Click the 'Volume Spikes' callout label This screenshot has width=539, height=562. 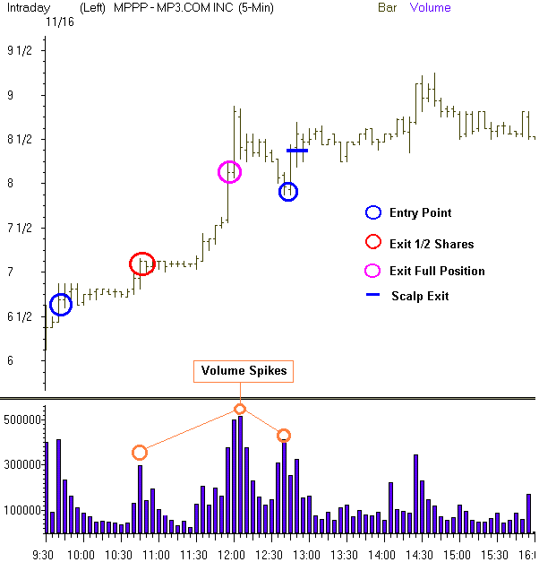240,371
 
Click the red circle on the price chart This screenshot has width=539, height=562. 141,264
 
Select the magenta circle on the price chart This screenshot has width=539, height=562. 230,172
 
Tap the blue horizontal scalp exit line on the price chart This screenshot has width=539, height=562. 297,151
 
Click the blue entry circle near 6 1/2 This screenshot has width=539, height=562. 60,305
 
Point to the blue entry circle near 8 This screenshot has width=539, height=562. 287,192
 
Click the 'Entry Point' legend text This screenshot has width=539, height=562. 420,213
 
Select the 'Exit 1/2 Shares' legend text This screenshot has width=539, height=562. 432,244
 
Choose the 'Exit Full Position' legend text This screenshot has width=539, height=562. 437,271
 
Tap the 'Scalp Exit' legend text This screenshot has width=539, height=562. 420,296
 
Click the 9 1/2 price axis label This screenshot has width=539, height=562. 19,51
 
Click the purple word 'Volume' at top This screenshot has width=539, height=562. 431,8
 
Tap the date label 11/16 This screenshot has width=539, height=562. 62,21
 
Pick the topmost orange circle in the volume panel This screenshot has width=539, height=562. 240,409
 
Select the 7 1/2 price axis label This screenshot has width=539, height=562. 19,228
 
